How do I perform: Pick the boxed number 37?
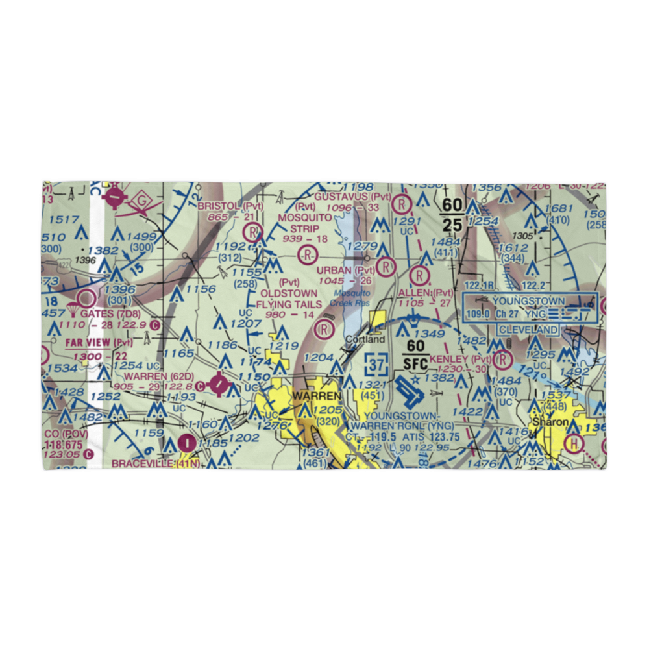tap(378, 365)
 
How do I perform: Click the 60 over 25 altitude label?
tap(452, 215)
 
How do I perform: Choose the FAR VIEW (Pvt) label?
tap(97, 343)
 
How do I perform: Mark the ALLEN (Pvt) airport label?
tap(425, 293)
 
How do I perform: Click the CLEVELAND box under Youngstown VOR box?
tap(528, 330)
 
